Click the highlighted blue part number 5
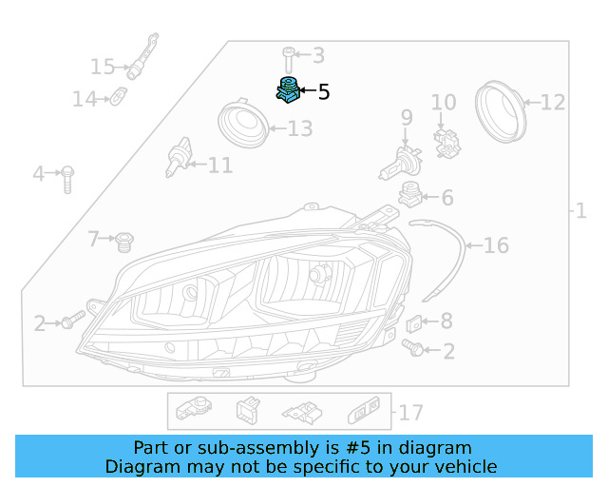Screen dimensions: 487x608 point(288,89)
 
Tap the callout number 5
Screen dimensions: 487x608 point(324,92)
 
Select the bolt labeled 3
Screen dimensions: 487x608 point(288,58)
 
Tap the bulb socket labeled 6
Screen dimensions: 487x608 point(409,195)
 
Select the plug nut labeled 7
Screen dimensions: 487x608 point(122,242)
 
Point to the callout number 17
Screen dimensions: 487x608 point(410,413)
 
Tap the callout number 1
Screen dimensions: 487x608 point(581,210)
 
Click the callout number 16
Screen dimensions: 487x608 point(496,246)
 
